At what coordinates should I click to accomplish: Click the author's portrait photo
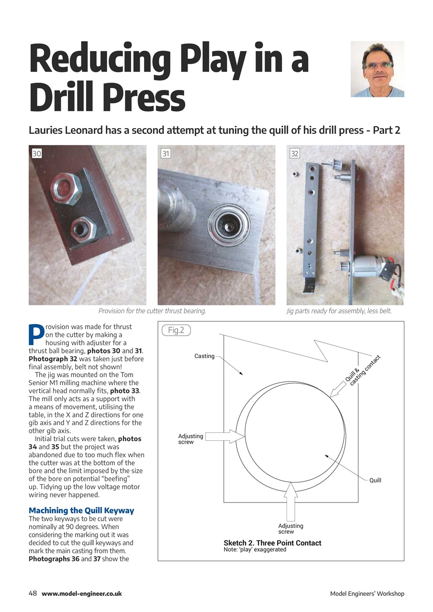click(377, 69)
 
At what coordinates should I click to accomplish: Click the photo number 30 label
click(37, 153)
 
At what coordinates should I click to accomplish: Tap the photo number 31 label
click(166, 153)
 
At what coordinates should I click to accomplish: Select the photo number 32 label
click(295, 153)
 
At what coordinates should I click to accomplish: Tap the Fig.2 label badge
click(176, 330)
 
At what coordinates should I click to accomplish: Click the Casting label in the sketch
click(204, 356)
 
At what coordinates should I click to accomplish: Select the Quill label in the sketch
click(375, 480)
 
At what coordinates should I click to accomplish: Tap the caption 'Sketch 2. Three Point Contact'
click(272, 543)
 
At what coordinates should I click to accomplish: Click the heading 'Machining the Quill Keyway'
click(81, 511)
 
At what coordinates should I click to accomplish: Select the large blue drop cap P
click(36, 335)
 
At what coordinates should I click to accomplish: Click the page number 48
click(33, 593)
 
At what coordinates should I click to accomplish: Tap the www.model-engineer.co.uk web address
click(82, 594)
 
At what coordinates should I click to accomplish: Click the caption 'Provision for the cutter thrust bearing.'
click(152, 311)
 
